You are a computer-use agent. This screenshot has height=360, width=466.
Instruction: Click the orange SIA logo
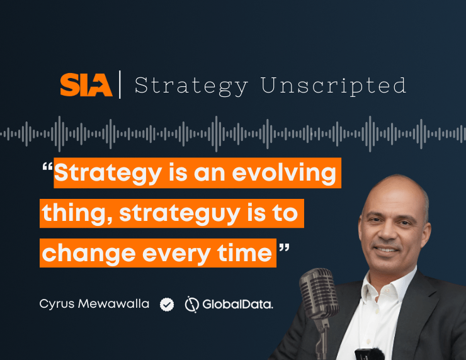click(86, 85)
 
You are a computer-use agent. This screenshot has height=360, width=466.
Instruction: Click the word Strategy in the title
click(191, 86)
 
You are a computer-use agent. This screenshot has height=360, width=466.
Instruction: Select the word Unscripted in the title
click(333, 86)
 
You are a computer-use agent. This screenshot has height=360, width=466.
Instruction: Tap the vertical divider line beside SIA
click(120, 84)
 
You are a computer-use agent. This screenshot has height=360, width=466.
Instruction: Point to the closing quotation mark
click(284, 248)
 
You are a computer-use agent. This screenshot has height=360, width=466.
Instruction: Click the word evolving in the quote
click(284, 173)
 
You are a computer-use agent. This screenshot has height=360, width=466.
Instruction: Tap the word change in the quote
click(89, 254)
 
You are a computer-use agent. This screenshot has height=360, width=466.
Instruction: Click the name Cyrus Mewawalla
click(94, 304)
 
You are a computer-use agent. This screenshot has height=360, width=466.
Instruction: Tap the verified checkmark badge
click(167, 305)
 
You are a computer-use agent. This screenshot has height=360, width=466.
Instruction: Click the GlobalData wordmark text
click(238, 305)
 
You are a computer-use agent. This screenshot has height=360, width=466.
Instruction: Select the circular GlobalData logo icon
click(191, 305)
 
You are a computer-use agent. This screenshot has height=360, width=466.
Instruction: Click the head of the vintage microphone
click(319, 293)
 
